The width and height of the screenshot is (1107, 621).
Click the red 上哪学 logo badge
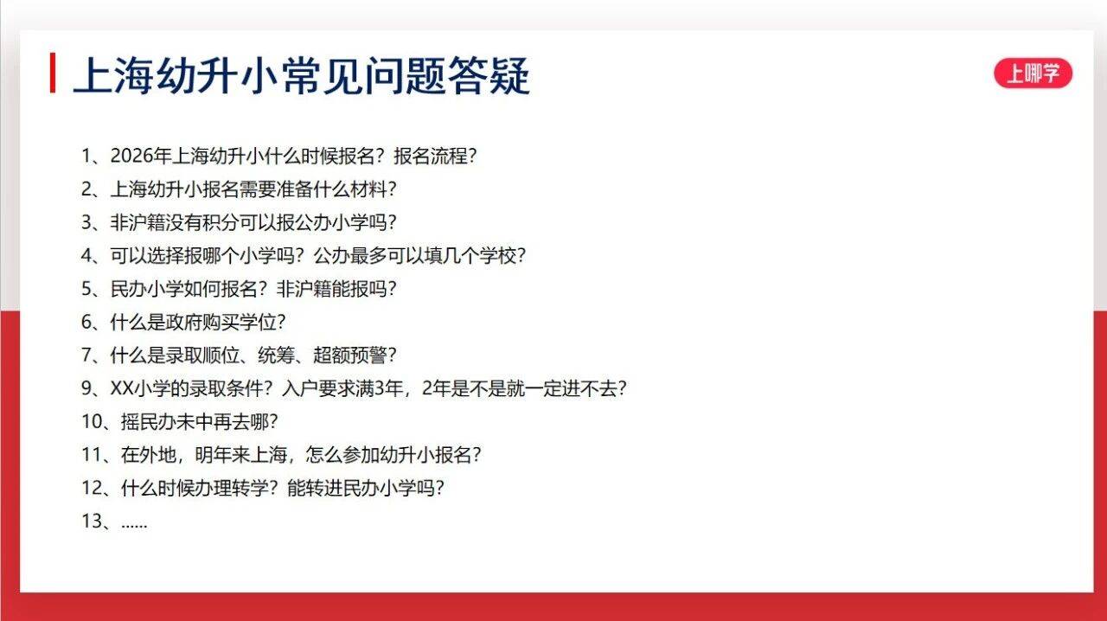(x=1033, y=74)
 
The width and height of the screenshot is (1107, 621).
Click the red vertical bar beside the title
(x=53, y=73)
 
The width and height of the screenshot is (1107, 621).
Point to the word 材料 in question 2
(x=368, y=189)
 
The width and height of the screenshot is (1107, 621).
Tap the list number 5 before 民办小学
(x=87, y=289)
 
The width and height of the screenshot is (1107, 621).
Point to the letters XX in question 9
(x=122, y=388)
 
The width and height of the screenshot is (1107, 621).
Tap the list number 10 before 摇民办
(x=92, y=422)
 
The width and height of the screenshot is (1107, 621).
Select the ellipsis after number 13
(x=134, y=526)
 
